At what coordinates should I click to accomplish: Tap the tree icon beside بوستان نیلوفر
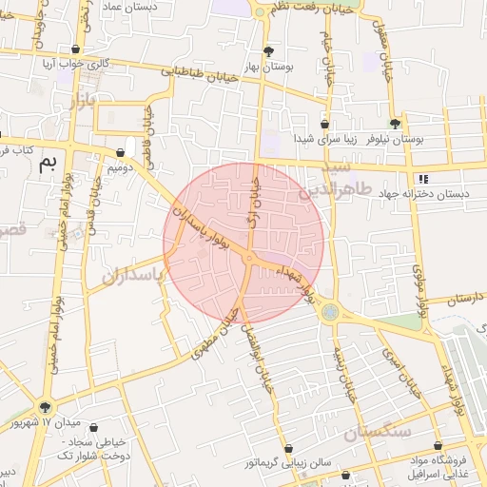[395, 124]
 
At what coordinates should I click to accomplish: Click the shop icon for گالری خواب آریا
[75, 49]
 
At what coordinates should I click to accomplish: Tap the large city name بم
[47, 164]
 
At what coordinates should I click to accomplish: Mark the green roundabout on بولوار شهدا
[328, 310]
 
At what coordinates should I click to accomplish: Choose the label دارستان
[463, 297]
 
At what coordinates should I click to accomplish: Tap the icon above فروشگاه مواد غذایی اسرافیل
[438, 445]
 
